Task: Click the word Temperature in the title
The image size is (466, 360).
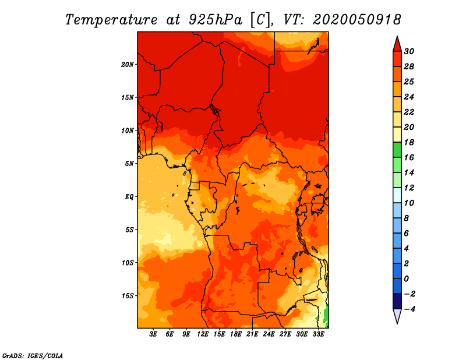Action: pyautogui.click(x=111, y=20)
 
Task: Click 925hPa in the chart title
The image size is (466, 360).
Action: pyautogui.click(x=216, y=20)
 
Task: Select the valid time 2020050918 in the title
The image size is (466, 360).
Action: pyautogui.click(x=357, y=20)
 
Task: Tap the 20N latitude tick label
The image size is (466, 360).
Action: pyautogui.click(x=128, y=65)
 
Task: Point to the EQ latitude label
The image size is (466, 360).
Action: pyautogui.click(x=129, y=197)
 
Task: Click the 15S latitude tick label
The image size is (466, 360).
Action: pyautogui.click(x=128, y=296)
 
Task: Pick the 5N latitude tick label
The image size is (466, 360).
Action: pyautogui.click(x=129, y=164)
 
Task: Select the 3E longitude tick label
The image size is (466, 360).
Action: pyautogui.click(x=153, y=334)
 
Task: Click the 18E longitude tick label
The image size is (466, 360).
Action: pyautogui.click(x=236, y=334)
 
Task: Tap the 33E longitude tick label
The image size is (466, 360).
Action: pyautogui.click(x=318, y=334)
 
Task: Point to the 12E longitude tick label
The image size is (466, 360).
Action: pyautogui.click(x=203, y=334)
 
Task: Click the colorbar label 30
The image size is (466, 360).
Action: pyautogui.click(x=409, y=51)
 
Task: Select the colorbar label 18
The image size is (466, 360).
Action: pyautogui.click(x=409, y=142)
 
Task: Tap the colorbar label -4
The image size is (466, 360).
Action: pyautogui.click(x=409, y=309)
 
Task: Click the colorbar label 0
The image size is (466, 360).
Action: pyautogui.click(x=406, y=279)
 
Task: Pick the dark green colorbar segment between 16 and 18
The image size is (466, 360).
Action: pyautogui.click(x=397, y=150)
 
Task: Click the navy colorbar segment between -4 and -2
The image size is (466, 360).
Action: pyautogui.click(x=397, y=301)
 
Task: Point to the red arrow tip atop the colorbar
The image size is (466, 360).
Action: pyautogui.click(x=397, y=37)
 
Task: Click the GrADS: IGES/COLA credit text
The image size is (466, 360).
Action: pyautogui.click(x=33, y=356)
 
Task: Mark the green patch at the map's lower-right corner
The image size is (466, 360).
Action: pyautogui.click(x=326, y=315)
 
